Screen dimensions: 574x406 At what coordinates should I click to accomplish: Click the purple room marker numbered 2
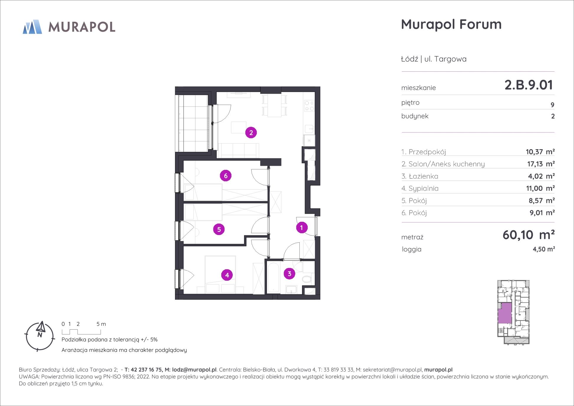251,133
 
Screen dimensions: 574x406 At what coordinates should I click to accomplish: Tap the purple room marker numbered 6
226,176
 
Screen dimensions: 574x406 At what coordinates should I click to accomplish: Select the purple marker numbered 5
219,229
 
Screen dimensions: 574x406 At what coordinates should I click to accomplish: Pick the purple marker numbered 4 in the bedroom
227,275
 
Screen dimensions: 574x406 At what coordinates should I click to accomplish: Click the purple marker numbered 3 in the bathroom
289,274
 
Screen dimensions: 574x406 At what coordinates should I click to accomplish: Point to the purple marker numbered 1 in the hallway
302,227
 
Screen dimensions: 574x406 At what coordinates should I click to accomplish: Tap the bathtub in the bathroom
273,277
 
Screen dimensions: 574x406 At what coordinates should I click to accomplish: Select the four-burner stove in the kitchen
309,106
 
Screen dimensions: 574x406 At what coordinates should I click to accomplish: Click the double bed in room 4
220,274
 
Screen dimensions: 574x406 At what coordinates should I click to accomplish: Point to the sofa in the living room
239,150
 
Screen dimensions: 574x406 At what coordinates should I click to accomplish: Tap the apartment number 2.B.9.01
529,85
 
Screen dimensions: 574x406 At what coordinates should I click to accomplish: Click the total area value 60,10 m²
529,235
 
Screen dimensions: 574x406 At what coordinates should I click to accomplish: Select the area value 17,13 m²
541,164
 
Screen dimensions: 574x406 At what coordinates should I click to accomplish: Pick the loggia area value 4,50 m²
544,249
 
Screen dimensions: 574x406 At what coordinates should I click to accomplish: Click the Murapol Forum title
451,24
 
